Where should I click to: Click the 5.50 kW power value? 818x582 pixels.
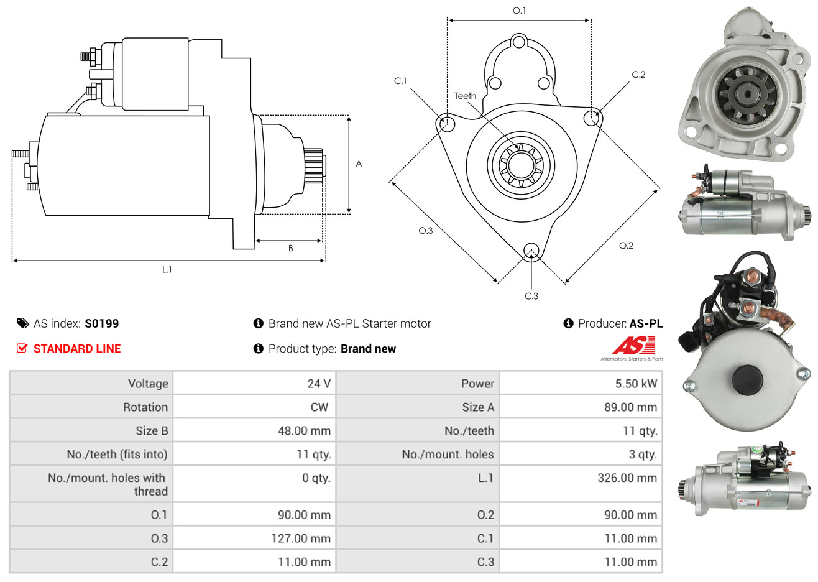[636, 383]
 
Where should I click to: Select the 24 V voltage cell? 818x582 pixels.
[319, 383]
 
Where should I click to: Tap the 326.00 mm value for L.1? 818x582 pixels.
[627, 478]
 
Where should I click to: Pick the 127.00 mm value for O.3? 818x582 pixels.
[301, 538]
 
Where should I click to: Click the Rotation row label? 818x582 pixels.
[145, 407]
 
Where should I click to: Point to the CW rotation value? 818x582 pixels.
[319, 407]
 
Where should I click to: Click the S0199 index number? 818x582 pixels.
[101, 323]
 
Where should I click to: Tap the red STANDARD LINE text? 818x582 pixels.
[77, 349]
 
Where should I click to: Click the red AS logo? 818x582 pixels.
[633, 345]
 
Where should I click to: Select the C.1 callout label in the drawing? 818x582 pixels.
[400, 81]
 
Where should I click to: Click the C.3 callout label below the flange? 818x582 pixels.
[531, 296]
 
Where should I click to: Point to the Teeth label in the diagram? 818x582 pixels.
[465, 96]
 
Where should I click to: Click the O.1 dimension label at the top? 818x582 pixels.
[519, 11]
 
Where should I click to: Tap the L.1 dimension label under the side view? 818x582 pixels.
[167, 270]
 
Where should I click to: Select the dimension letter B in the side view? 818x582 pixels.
[291, 249]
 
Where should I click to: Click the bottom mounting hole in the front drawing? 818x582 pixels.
[531, 251]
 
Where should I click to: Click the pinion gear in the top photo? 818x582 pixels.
[747, 95]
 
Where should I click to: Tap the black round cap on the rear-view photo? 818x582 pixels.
[748, 380]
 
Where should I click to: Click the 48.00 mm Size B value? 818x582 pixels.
[304, 430]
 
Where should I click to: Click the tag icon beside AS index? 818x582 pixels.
[22, 324]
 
